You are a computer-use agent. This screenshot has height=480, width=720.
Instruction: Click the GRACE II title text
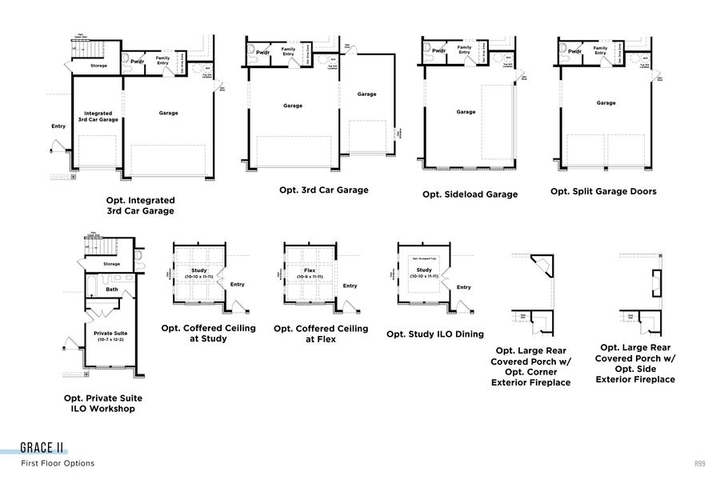[x=43, y=448]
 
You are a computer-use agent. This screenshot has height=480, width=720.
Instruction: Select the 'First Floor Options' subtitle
[x=58, y=463]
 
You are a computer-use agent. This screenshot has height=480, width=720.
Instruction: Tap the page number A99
[x=700, y=463]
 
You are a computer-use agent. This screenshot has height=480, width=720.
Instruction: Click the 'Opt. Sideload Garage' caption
[x=470, y=194]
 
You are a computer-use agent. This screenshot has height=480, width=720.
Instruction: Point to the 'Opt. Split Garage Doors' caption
[x=603, y=191]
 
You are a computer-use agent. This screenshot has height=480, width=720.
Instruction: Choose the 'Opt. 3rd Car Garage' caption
[x=323, y=190]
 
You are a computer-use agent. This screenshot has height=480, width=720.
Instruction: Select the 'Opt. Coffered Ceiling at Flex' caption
[x=321, y=334]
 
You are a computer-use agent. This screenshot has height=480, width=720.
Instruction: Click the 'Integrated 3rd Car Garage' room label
[x=98, y=117]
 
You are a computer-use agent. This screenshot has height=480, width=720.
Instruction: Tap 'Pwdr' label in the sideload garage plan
[x=438, y=51]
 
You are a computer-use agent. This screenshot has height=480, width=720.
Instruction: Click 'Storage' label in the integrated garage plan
[x=99, y=66]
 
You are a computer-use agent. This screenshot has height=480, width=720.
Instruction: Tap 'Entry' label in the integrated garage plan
[x=58, y=126]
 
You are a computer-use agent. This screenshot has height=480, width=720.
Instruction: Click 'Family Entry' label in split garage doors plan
[x=600, y=50]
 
